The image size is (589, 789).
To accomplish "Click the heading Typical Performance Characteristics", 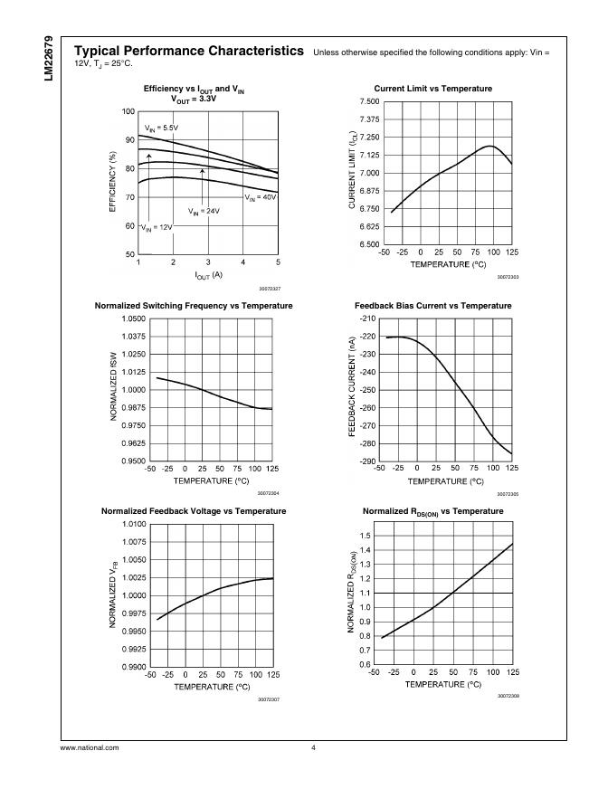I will pos(187,52).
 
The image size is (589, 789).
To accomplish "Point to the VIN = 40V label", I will pos(261,196).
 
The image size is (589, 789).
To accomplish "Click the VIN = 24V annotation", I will pos(204,211).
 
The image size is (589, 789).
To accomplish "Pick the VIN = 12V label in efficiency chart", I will pos(156,227).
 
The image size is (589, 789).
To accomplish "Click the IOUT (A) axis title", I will pos(208,274).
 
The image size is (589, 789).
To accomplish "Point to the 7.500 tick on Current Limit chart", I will pos(366,101).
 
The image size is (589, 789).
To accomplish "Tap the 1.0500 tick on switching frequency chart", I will pos(133,319).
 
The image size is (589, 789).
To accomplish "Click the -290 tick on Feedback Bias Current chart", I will pos(367,461).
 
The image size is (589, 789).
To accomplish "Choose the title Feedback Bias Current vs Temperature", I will pos(433,306).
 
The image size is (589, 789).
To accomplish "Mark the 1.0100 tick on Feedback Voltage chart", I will pos(133,524).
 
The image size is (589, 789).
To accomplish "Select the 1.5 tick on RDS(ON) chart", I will pos(365,536).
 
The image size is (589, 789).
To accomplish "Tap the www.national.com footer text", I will pos(90,747).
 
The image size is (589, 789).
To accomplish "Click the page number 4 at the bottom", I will pos(313,747).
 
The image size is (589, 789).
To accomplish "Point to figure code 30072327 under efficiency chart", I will pos(269,288).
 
